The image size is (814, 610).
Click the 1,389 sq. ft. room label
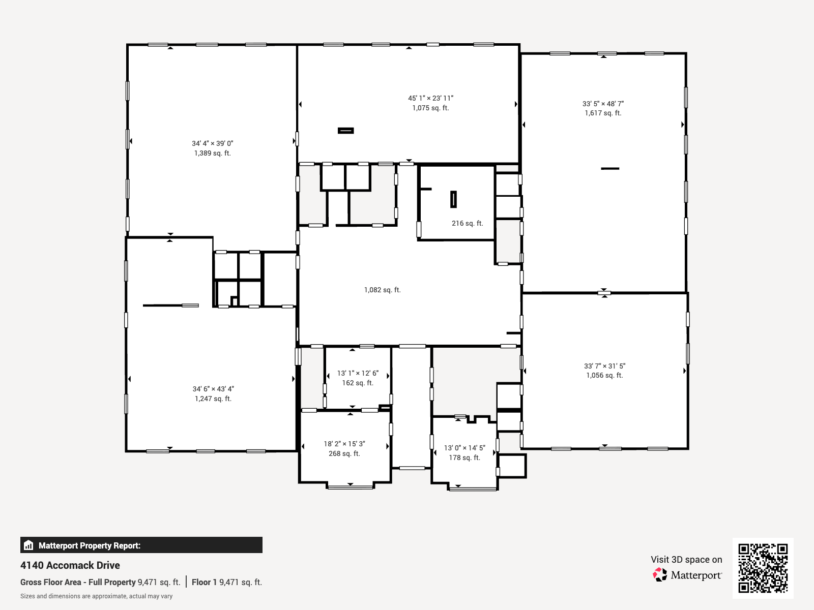pyautogui.click(x=213, y=153)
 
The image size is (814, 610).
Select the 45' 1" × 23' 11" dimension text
pyautogui.click(x=430, y=98)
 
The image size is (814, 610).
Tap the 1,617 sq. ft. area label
pyautogui.click(x=603, y=113)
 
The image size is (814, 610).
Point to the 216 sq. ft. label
pyautogui.click(x=467, y=223)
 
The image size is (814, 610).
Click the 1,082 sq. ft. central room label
pyautogui.click(x=383, y=290)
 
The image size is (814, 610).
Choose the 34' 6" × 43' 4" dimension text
pyautogui.click(x=213, y=389)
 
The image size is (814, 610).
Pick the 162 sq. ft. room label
pyautogui.click(x=358, y=383)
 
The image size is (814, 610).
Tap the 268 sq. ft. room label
pyautogui.click(x=344, y=454)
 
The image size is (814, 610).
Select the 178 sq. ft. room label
pyautogui.click(x=464, y=458)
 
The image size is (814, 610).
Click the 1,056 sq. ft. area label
pyautogui.click(x=604, y=376)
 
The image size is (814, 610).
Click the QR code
pyautogui.click(x=763, y=568)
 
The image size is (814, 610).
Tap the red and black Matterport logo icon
pyautogui.click(x=660, y=575)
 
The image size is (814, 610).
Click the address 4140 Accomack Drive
pyautogui.click(x=70, y=565)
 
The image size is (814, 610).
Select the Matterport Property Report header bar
pyautogui.click(x=141, y=545)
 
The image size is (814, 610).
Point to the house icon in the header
pyautogui.click(x=28, y=545)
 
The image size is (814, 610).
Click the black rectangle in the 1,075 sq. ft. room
pyautogui.click(x=345, y=130)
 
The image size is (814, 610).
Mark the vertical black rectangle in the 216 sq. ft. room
pyautogui.click(x=453, y=199)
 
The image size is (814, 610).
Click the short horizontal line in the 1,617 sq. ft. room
pyautogui.click(x=610, y=169)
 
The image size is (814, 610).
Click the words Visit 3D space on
pyautogui.click(x=686, y=560)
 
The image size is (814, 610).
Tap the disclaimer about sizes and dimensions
pyautogui.click(x=97, y=596)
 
